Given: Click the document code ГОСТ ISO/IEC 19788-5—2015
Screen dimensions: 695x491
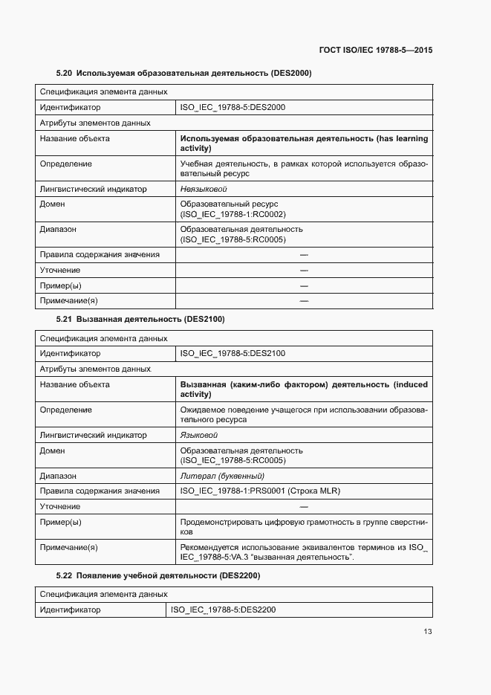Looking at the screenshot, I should (x=375, y=51).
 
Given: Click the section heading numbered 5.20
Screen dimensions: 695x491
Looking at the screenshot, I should (x=183, y=73).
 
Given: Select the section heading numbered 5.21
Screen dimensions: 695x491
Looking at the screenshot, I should (x=140, y=319).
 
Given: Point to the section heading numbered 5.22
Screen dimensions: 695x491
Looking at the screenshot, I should (x=158, y=576).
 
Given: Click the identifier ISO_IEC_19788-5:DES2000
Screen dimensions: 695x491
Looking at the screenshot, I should (x=233, y=107).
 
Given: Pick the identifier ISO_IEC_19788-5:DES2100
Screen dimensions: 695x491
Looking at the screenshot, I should (x=233, y=354).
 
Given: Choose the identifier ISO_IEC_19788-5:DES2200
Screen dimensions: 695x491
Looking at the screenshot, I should (x=223, y=610).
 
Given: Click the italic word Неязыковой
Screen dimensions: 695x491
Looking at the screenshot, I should (x=204, y=189).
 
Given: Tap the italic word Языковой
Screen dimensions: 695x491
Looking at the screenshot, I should (x=199, y=435).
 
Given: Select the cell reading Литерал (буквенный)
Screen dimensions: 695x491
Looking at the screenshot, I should (x=222, y=476).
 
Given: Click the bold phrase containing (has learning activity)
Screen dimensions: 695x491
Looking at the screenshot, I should (x=304, y=143).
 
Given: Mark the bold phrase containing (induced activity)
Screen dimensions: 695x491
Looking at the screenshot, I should (x=304, y=389).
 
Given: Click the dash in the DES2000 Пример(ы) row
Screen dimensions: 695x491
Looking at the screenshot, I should (x=304, y=285).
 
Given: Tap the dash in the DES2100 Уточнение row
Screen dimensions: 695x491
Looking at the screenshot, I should (x=304, y=506).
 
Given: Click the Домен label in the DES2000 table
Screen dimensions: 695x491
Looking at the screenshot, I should (x=52, y=204).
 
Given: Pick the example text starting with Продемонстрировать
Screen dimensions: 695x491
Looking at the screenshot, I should (x=304, y=527).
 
